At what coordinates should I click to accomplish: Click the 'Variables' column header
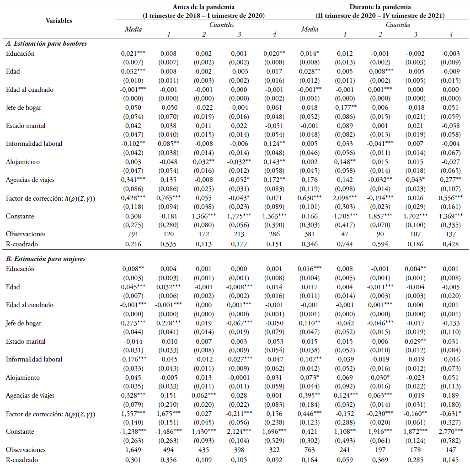click(x=59, y=21)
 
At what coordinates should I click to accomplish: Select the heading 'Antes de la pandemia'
click(x=203, y=7)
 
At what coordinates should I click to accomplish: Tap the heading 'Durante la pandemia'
click(x=380, y=7)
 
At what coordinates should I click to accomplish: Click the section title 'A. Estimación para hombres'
click(x=46, y=43)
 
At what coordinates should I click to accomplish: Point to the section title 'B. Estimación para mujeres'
click(x=46, y=259)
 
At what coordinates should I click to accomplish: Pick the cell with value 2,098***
click(x=345, y=198)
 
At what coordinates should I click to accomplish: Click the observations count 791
click(x=133, y=234)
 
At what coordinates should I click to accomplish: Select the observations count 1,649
click(x=133, y=450)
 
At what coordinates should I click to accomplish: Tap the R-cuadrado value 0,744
click(x=345, y=244)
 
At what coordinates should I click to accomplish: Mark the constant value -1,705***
click(x=345, y=216)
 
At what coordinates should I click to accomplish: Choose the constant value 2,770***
click(x=450, y=431)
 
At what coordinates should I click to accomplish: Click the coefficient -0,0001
click(x=239, y=378)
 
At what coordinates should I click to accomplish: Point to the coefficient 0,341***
click(x=133, y=180)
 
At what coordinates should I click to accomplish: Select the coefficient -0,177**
click(x=345, y=107)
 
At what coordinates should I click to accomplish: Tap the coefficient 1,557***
click(x=133, y=414)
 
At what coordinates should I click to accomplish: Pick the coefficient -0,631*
click(x=450, y=414)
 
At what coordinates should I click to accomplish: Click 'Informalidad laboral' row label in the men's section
click(x=34, y=144)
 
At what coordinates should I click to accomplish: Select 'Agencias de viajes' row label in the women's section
click(x=30, y=395)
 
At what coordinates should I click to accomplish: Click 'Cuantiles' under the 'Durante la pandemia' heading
click(x=398, y=25)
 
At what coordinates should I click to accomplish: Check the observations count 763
click(x=310, y=450)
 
